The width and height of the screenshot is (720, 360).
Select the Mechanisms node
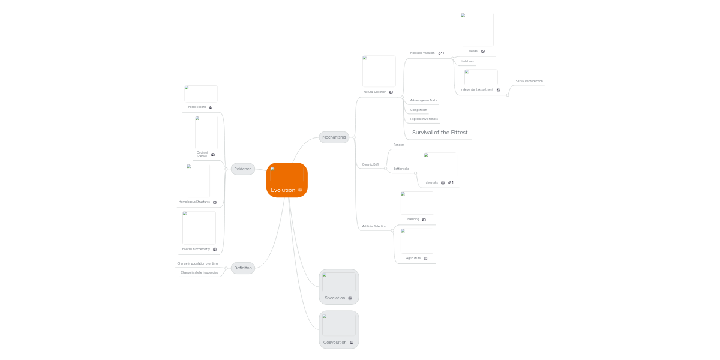(334, 137)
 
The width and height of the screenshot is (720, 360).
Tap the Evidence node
(243, 169)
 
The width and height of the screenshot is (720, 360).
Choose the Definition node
(243, 268)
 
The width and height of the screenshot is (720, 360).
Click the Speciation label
(335, 298)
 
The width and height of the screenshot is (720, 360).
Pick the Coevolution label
(335, 343)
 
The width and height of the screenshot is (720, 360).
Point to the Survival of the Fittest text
(440, 133)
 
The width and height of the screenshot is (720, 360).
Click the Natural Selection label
(375, 92)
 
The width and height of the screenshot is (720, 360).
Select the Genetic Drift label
(370, 164)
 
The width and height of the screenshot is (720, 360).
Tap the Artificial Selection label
(374, 226)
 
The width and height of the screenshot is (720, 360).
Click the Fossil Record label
(197, 107)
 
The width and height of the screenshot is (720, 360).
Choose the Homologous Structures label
(194, 202)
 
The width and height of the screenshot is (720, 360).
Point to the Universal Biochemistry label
(195, 249)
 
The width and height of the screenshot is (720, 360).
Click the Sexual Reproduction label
(529, 81)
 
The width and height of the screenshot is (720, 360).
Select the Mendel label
(473, 51)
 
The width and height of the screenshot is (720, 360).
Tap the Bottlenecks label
(401, 169)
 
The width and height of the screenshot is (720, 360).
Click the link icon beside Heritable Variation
(440, 53)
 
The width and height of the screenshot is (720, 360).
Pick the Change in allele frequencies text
(199, 272)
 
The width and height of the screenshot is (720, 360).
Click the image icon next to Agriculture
(425, 258)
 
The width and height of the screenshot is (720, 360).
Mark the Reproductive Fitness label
(424, 119)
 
